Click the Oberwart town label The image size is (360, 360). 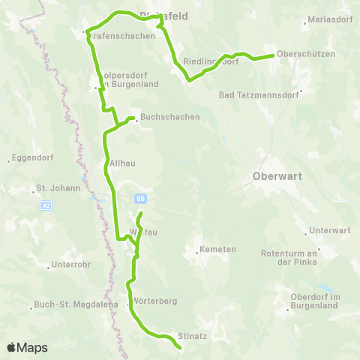(274, 179)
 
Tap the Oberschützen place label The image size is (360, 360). (306, 54)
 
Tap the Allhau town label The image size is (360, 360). (121, 162)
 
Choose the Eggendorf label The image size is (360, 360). (31, 159)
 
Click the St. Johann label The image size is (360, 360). (58, 188)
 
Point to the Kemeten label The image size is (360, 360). (220, 249)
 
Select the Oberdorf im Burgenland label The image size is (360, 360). (315, 302)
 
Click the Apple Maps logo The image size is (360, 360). (27, 347)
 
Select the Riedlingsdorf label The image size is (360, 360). (211, 61)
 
